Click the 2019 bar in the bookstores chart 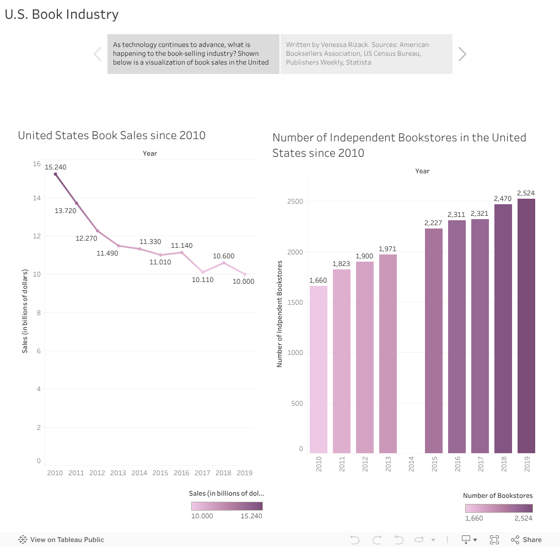pyautogui.click(x=526, y=326)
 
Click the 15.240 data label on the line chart pyautogui.click(x=56, y=167)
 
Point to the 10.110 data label pyautogui.click(x=203, y=280)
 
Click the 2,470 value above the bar pyautogui.click(x=503, y=198)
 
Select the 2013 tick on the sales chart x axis pyautogui.click(x=118, y=473)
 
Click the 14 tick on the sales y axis pyautogui.click(x=37, y=198)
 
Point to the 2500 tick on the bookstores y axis pyautogui.click(x=295, y=201)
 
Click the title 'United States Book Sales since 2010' pyautogui.click(x=111, y=135)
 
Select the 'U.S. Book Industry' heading pyautogui.click(x=62, y=14)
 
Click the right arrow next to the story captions pyautogui.click(x=462, y=54)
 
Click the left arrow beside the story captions pyautogui.click(x=98, y=54)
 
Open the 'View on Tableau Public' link pyautogui.click(x=61, y=540)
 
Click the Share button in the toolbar pyautogui.click(x=526, y=540)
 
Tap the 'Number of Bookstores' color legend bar pyautogui.click(x=499, y=508)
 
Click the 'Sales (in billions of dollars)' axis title pyautogui.click(x=25, y=311)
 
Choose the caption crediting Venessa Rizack pyautogui.click(x=366, y=54)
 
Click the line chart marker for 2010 pyautogui.click(x=55, y=174)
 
